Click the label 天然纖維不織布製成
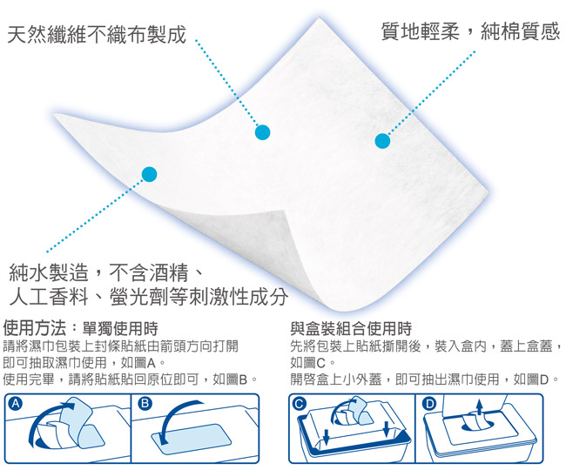tap(97, 35)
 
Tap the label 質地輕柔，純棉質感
tap(470, 31)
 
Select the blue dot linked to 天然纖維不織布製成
tap(262, 132)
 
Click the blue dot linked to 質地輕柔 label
tap(382, 141)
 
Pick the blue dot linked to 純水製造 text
tap(150, 174)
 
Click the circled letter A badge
tap(16, 404)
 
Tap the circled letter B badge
tap(145, 403)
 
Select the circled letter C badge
tap(300, 404)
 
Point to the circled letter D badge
tap(429, 404)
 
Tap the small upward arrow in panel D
tap(479, 407)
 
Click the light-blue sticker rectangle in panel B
tap(192, 439)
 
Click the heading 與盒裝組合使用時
tap(351, 328)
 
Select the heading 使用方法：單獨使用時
tap(80, 328)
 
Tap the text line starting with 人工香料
tap(149, 297)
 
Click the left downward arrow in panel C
tap(327, 436)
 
